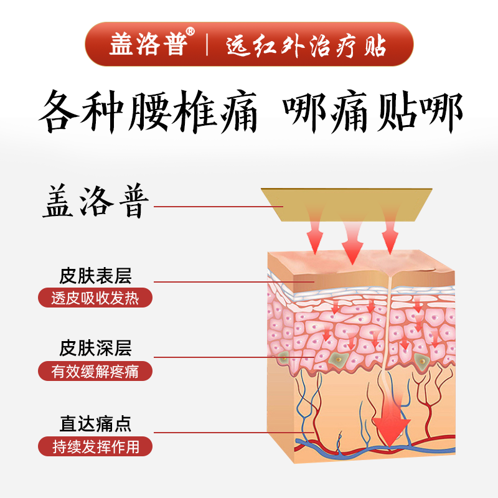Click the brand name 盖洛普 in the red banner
pyautogui.click(x=148, y=44)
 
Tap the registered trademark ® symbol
pyautogui.click(x=190, y=32)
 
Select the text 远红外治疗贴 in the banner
pyautogui.click(x=306, y=45)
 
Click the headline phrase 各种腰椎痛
pyautogui.click(x=148, y=111)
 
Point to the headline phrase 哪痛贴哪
pyautogui.click(x=373, y=112)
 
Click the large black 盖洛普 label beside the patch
pyautogui.click(x=96, y=200)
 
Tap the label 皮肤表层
pyautogui.click(x=95, y=276)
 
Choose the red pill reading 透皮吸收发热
pyautogui.click(x=95, y=298)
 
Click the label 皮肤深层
pyautogui.click(x=95, y=348)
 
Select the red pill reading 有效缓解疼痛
pyautogui.click(x=95, y=371)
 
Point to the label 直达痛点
pyautogui.click(x=95, y=424)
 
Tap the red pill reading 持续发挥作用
pyautogui.click(x=95, y=446)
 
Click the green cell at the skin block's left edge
pyautogui.click(x=283, y=358)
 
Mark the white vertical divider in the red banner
pyautogui.click(x=207, y=44)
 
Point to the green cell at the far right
pyautogui.click(x=422, y=360)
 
